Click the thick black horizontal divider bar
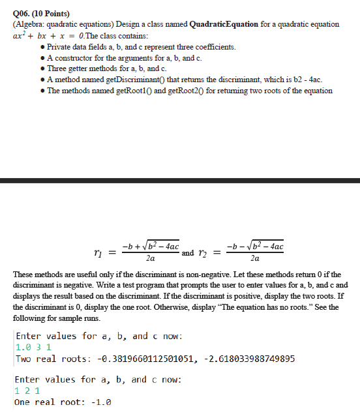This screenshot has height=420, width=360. tap(180, 180)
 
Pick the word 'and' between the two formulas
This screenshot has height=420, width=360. tap(188, 252)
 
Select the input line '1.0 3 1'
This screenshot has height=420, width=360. tap(31, 348)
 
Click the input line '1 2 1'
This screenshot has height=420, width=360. tap(27, 391)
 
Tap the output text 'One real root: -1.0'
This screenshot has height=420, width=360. tap(63, 402)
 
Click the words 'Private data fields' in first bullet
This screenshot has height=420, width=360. tap(82, 48)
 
